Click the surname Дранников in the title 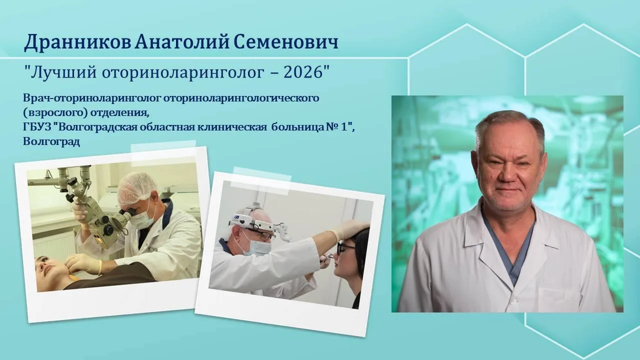click(x=77, y=43)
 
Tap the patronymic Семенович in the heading click(x=286, y=42)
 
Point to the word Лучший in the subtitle click(x=63, y=73)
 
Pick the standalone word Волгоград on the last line click(x=51, y=141)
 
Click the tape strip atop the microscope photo click(x=163, y=153)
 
